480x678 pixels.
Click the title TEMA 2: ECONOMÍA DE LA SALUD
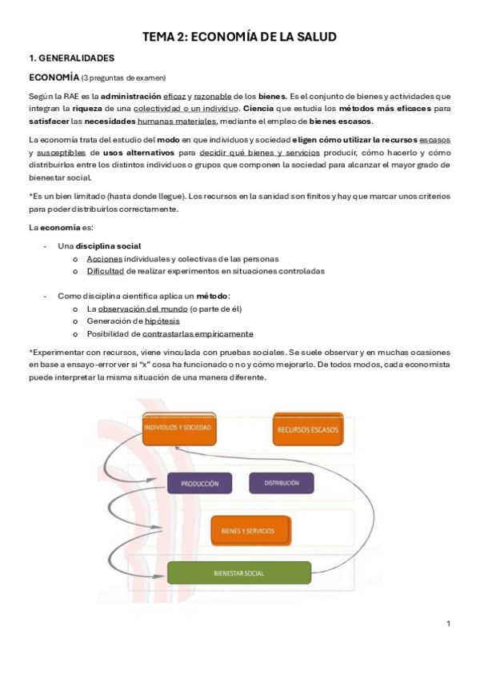click(239, 37)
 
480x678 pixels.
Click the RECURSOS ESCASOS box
click(307, 429)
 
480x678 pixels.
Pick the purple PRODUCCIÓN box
click(199, 484)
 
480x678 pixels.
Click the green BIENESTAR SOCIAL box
click(239, 573)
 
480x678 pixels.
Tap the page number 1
click(449, 624)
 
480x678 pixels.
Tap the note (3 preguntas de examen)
click(123, 78)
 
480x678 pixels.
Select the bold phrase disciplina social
click(108, 245)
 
